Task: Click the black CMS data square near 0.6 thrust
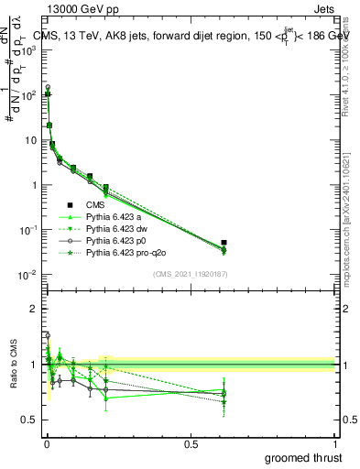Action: coord(224,243)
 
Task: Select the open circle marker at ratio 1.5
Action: coord(48,335)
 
